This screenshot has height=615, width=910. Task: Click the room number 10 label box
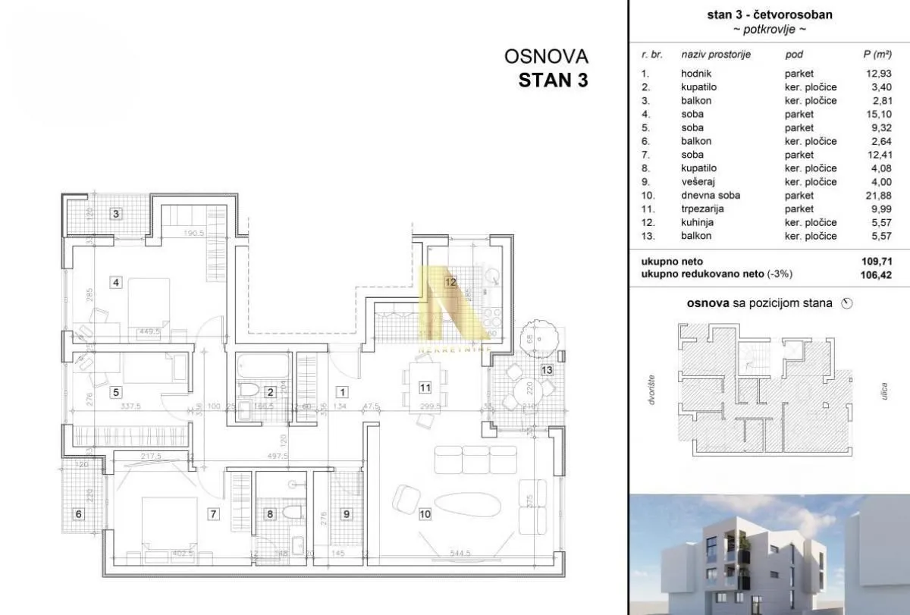point(425,514)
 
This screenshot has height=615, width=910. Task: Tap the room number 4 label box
point(116,284)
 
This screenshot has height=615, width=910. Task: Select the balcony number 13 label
point(548,369)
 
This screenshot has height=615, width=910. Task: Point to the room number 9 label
point(347,514)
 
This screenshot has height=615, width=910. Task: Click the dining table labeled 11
point(425,387)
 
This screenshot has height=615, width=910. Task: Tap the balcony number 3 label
point(116,214)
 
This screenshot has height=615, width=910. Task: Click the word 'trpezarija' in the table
point(701,209)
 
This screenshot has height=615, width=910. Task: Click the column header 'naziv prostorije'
point(716,55)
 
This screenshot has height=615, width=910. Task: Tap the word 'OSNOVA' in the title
point(546,57)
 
